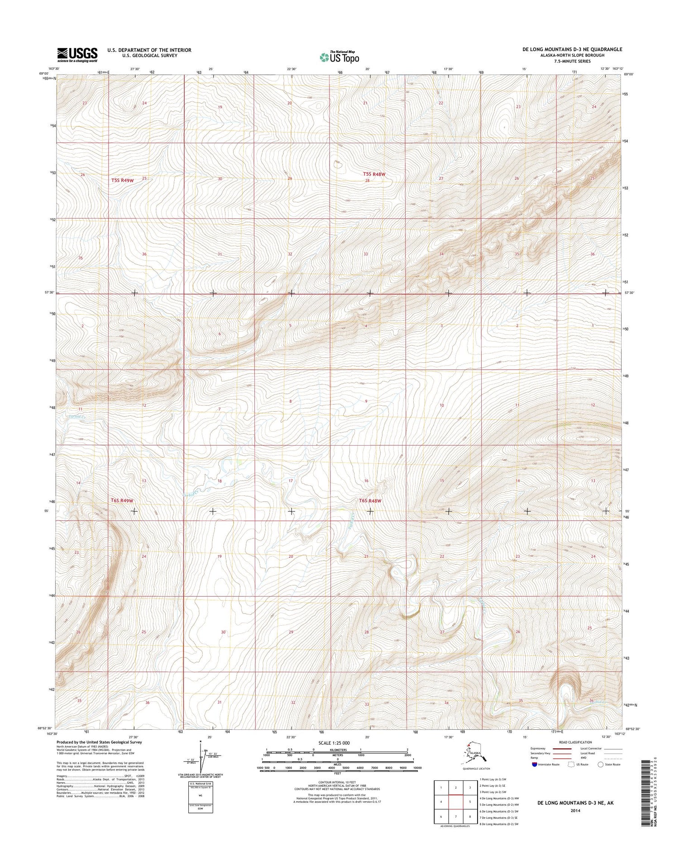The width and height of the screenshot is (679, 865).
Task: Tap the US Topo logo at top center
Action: point(339,57)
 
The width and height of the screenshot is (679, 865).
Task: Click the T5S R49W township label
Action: point(122,180)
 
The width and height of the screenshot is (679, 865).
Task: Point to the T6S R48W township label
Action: point(370,501)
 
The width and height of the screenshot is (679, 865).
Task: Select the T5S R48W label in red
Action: point(374,174)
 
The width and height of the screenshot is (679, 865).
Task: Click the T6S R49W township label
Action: point(122,501)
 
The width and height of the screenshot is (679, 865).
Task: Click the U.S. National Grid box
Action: point(200,798)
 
